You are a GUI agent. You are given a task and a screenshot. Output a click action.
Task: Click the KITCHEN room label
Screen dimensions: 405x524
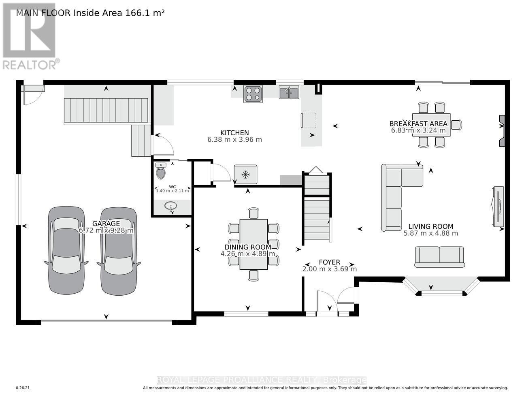234,133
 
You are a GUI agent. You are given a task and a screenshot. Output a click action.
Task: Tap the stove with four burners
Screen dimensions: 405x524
253,94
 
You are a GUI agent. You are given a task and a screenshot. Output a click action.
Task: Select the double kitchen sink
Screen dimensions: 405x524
289,93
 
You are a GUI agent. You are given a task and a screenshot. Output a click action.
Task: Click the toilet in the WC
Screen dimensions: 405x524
161,172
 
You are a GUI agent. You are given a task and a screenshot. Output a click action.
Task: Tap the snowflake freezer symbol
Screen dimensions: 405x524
245,175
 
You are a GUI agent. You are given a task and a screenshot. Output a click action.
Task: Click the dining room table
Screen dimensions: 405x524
253,244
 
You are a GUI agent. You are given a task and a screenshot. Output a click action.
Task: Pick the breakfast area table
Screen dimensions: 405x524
431,125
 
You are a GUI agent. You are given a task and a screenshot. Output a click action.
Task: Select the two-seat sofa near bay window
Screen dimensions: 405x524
439,256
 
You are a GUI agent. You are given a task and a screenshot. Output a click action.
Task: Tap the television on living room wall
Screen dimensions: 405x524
498,206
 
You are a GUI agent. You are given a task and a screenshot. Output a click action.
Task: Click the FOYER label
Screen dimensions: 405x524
329,262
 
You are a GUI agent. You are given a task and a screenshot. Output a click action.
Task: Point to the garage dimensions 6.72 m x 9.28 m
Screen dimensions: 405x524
106,230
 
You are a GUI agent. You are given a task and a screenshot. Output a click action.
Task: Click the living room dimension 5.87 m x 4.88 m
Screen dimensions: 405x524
431,233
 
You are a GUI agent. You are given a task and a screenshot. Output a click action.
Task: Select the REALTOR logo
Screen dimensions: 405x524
30,36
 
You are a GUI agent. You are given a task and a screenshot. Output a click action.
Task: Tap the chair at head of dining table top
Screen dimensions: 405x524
253,213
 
